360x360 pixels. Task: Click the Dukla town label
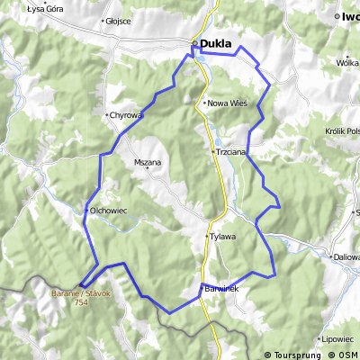(x=216, y=43)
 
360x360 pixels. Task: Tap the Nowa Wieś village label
(x=228, y=103)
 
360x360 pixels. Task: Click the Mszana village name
(x=148, y=163)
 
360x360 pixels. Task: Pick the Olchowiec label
(x=109, y=211)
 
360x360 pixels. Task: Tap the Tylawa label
(x=223, y=237)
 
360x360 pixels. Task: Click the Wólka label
(x=347, y=63)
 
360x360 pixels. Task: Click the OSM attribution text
(x=348, y=354)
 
